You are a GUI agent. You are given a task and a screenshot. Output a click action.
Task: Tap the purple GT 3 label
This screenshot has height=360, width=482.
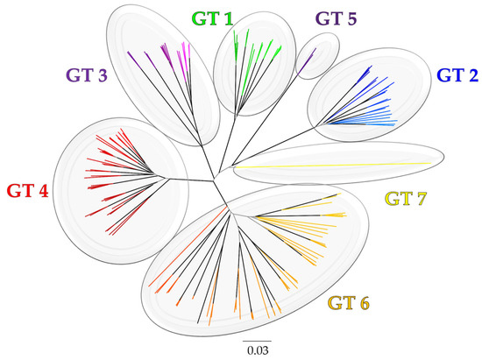[83, 75]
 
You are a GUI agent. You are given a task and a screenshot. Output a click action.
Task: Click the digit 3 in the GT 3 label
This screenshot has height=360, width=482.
[102, 75]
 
